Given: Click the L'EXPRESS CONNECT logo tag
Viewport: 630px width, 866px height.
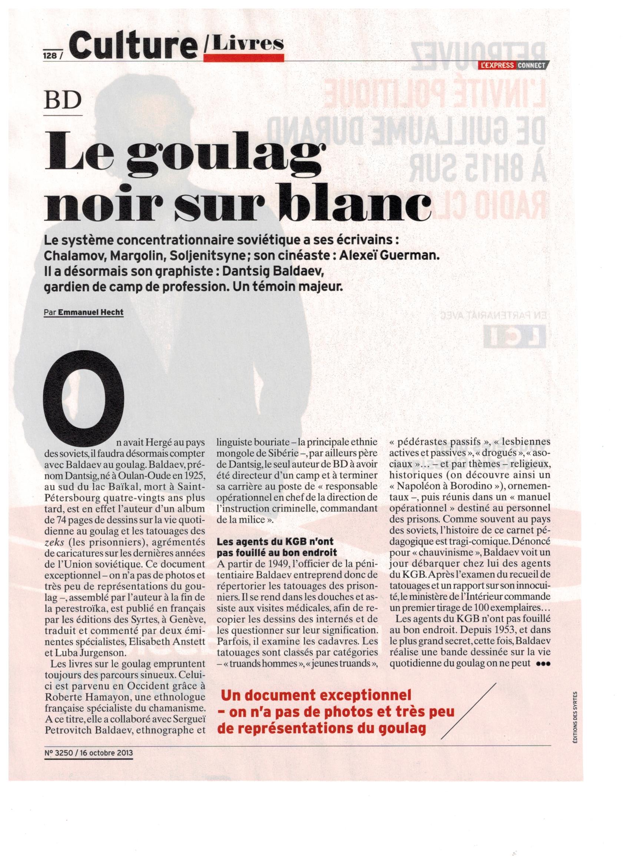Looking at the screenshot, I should click(x=515, y=66).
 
